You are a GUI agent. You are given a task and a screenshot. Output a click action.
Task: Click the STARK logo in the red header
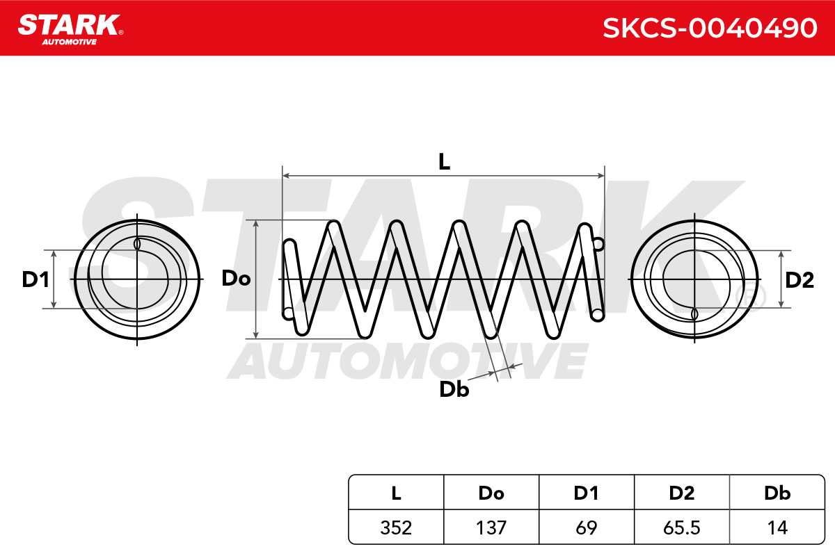point(70,30)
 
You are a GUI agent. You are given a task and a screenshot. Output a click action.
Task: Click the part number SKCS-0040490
point(710,28)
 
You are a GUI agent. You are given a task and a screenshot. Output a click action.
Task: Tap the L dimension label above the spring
point(444,163)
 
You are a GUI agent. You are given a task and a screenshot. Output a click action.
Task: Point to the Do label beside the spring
point(236,278)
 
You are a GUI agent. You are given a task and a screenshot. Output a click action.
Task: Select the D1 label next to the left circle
point(35,279)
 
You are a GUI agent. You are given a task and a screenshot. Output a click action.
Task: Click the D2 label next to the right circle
point(800,280)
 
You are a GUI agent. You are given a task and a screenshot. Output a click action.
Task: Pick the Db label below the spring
point(454,389)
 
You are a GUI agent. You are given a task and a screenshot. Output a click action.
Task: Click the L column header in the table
point(396,493)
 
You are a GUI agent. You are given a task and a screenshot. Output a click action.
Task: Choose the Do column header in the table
point(491,493)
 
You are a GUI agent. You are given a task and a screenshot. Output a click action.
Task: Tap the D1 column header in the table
point(587,493)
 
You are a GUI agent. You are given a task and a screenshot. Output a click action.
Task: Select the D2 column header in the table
point(682,493)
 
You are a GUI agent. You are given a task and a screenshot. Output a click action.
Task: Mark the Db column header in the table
point(777,493)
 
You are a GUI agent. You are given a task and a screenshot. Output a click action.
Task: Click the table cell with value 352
point(396,528)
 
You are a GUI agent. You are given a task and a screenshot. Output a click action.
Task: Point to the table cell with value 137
point(491,528)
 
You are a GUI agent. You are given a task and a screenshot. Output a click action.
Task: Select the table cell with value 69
point(587,528)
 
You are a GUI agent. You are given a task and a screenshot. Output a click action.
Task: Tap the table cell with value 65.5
point(682,528)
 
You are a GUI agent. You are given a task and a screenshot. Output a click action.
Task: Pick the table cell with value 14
point(777,528)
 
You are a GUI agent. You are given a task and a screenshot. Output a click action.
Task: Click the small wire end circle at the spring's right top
point(598,245)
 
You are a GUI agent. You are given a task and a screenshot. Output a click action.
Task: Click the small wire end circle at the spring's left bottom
point(288,313)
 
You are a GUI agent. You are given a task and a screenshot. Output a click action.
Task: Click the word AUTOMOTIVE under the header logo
point(70,42)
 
